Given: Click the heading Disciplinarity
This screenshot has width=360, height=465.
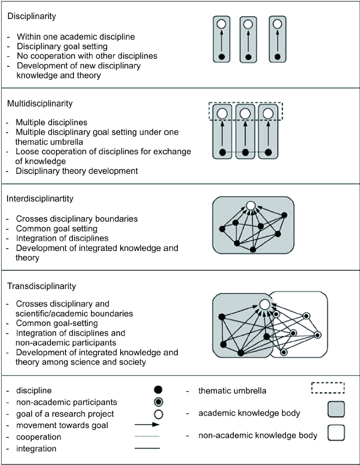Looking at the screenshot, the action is click(32, 16).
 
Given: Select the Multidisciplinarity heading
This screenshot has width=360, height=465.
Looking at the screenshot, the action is click(40, 104).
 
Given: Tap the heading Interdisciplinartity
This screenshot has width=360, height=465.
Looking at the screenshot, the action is click(40, 199).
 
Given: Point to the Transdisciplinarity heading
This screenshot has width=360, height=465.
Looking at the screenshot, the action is click(41, 286).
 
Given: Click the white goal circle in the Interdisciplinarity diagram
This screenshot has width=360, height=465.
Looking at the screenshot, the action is click(251, 205).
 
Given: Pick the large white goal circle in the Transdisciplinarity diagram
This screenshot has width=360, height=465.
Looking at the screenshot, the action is click(264, 305).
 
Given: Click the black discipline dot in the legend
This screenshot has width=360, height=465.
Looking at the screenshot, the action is click(158, 389).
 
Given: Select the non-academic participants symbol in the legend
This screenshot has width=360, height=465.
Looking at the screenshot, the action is click(158, 402).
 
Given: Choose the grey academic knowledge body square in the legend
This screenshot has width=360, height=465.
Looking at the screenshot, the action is click(336, 409).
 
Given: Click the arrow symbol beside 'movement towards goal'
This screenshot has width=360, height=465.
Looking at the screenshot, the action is click(147, 425).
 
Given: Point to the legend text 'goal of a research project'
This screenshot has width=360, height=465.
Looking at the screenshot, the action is click(65, 414).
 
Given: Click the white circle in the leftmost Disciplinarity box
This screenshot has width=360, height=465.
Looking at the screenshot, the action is click(221, 24).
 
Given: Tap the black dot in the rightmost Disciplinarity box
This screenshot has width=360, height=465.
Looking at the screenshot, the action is click(277, 57).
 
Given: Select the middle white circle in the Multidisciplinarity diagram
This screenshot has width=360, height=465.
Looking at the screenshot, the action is click(245, 114).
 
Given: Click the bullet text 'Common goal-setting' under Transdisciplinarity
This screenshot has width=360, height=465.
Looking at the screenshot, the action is click(57, 323).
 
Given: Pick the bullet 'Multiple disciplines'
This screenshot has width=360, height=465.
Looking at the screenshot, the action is click(52, 122).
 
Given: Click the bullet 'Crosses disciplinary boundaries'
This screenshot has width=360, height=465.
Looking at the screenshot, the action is click(77, 219).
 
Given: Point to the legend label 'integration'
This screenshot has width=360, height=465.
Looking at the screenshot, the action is click(36, 449).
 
